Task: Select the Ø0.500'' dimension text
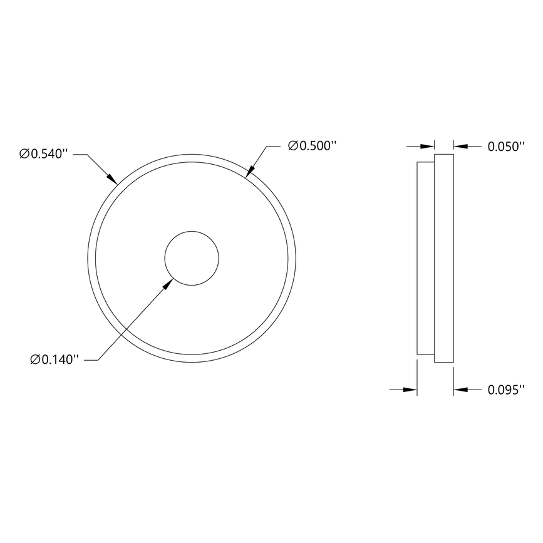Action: pyautogui.click(x=313, y=146)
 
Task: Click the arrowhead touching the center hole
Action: pyautogui.click(x=167, y=284)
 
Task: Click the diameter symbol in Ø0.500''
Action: pyautogui.click(x=292, y=146)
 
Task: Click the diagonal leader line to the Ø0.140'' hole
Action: pyautogui.click(x=135, y=321)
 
